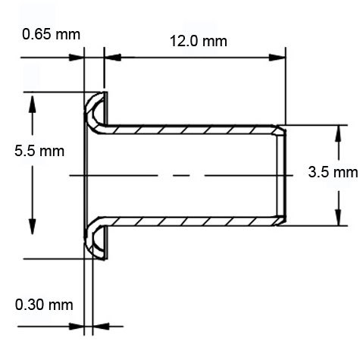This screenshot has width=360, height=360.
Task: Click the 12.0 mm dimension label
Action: click(x=195, y=40)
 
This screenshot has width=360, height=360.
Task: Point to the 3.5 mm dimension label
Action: click(x=333, y=172)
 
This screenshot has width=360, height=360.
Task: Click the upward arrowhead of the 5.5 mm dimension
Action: click(x=31, y=100)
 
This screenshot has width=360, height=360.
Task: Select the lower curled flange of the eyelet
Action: click(x=95, y=241)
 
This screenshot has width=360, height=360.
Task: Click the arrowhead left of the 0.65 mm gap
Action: click(x=78, y=57)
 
